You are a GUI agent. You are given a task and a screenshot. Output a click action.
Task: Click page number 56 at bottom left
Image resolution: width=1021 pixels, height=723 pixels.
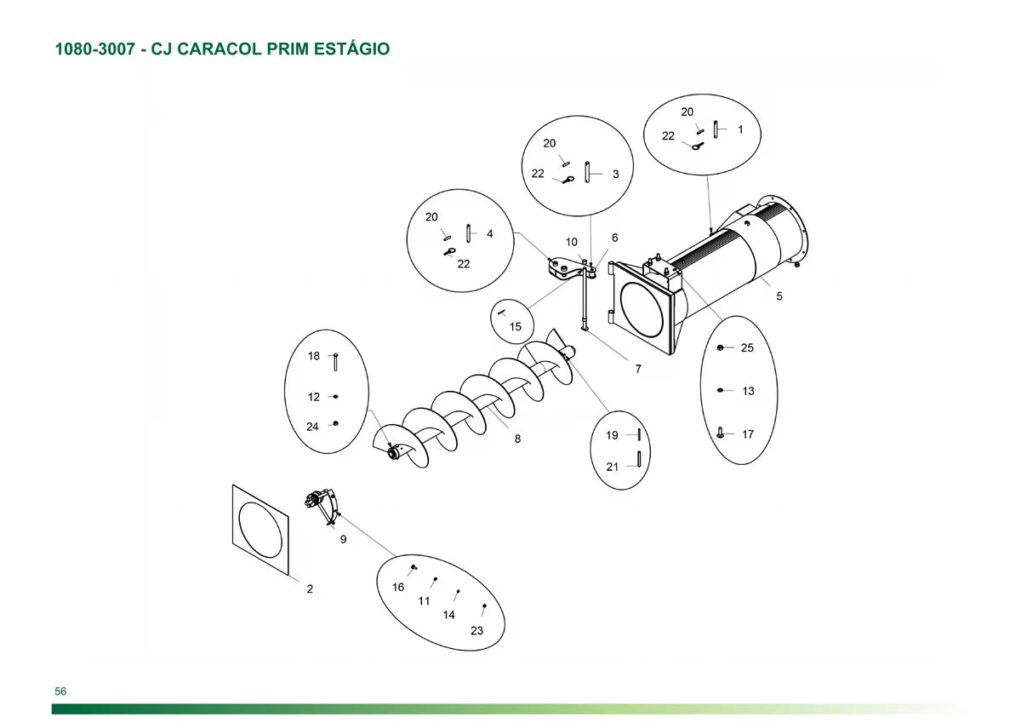point(60,691)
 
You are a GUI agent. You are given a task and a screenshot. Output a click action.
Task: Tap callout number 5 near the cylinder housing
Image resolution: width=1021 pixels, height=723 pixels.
point(779,296)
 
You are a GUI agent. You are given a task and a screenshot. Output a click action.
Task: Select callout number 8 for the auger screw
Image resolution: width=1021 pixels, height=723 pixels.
point(517,439)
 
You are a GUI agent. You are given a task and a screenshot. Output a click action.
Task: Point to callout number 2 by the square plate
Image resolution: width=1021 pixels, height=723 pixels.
point(310,589)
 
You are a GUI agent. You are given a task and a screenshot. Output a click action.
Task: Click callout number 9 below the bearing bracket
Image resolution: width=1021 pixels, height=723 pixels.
point(343,540)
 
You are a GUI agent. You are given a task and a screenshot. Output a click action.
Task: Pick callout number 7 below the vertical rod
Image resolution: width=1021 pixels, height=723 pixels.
point(638,369)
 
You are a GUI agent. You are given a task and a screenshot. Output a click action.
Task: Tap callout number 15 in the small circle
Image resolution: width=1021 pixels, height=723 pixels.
point(516,327)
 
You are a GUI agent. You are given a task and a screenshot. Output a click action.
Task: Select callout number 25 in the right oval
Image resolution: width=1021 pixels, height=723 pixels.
point(747,348)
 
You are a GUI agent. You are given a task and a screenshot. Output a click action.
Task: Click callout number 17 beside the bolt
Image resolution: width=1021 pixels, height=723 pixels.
point(748,434)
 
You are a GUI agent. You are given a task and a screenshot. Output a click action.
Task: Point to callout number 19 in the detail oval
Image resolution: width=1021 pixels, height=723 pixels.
point(612,436)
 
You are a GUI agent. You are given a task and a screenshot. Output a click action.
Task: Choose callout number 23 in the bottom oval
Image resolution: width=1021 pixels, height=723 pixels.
point(476,631)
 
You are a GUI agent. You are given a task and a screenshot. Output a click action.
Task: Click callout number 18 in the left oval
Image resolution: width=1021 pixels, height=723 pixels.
point(314,356)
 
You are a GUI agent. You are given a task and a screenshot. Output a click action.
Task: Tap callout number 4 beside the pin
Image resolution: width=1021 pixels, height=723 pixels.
point(489,234)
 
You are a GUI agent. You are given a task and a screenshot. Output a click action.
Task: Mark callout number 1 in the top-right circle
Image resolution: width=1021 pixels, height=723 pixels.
point(740,129)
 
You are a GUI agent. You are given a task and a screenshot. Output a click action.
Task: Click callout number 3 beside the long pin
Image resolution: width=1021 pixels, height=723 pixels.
point(616,175)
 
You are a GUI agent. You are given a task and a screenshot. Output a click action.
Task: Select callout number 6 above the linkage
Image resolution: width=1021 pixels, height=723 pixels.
point(615,238)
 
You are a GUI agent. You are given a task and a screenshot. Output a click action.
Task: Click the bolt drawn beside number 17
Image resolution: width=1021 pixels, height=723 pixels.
point(720,433)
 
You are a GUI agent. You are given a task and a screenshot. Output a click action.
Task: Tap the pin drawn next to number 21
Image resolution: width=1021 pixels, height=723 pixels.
point(640,459)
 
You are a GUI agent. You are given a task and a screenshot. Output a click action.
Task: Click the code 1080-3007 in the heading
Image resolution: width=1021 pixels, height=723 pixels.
point(95,49)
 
